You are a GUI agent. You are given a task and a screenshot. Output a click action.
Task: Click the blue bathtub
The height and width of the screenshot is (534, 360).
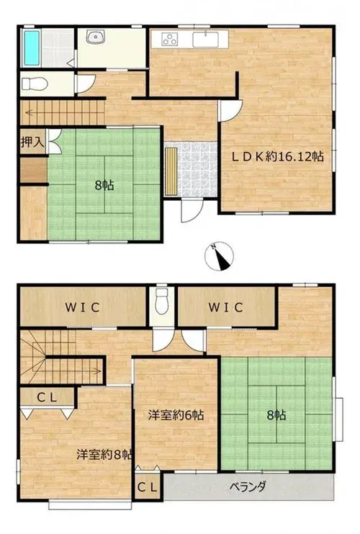pos(31,47)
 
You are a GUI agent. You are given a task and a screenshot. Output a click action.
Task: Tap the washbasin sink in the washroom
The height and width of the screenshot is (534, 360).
pos(96,37)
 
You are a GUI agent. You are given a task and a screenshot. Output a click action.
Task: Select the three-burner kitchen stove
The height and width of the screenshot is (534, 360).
pos(169,39)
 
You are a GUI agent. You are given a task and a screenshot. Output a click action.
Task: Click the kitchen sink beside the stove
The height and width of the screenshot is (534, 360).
pos(205,39)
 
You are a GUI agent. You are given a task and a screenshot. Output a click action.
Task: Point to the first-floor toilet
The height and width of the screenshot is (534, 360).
pos(34,83)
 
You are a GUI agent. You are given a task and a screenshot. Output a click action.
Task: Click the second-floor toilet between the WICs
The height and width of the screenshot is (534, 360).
pos(161,301)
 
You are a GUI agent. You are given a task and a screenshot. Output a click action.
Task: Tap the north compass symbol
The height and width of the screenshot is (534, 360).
pos(220,257)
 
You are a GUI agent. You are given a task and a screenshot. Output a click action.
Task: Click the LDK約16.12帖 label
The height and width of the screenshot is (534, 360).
pos(278,157)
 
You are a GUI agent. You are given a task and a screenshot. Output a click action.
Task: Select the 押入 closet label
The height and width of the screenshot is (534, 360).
pos(32,142)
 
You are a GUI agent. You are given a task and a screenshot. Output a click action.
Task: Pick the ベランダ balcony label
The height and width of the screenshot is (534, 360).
pos(248,487)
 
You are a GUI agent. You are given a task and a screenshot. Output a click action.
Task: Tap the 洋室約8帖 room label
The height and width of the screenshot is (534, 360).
pos(104,455)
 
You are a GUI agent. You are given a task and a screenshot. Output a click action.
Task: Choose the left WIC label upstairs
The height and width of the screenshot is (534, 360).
pos(83,307)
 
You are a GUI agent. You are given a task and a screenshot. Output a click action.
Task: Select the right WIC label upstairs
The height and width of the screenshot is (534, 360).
pos(226,307)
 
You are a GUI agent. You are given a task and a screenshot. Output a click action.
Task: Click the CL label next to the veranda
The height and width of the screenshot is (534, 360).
pos(147,487)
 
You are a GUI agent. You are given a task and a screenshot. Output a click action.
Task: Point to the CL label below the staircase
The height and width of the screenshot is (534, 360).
pos(47,397)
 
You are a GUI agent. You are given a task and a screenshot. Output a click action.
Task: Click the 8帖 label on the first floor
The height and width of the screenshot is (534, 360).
pos(104,186)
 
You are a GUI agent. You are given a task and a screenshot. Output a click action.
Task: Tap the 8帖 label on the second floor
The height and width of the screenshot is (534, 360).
pos(276,415)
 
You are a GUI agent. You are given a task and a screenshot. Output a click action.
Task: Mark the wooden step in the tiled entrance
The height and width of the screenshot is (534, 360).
pos(171,171)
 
